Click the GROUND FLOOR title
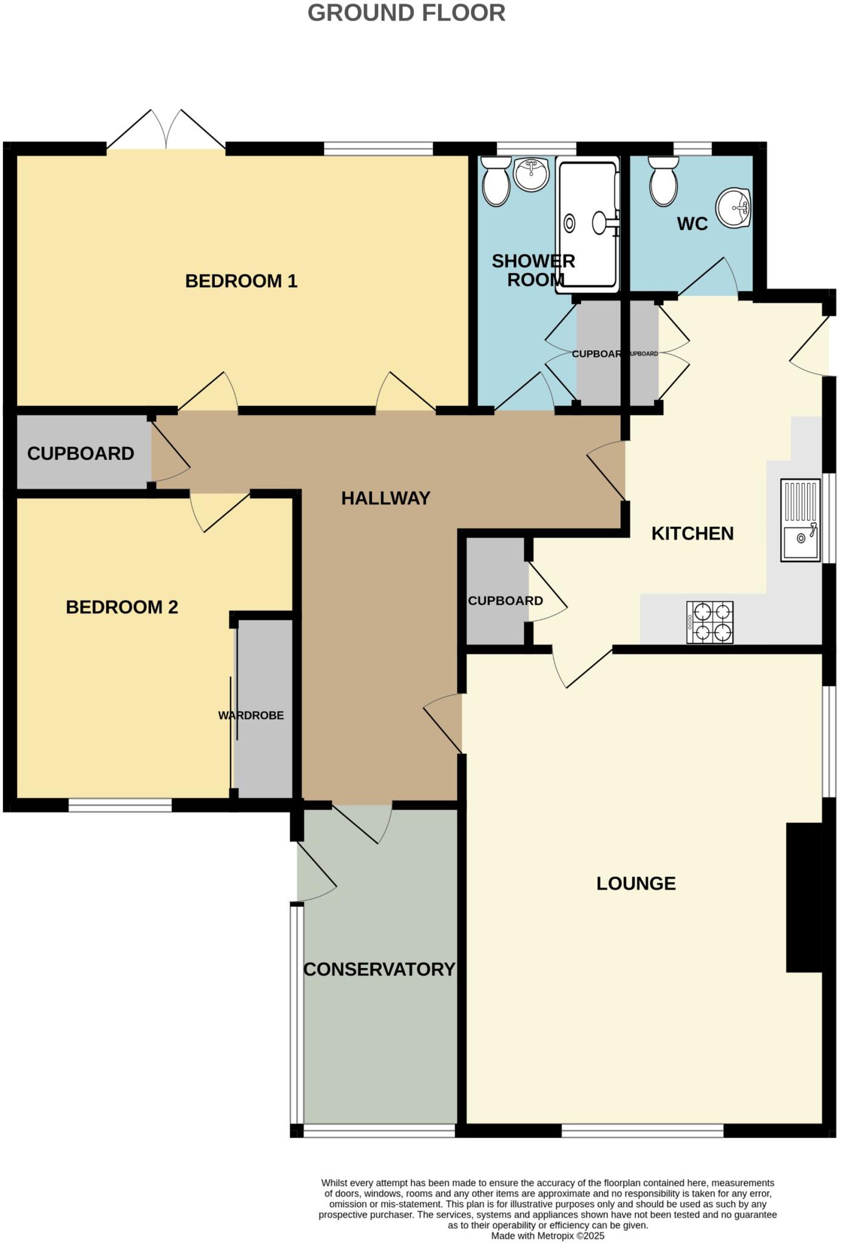(406, 13)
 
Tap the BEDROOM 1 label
(241, 281)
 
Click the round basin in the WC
(733, 207)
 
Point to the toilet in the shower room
(496, 181)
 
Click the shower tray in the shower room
(587, 225)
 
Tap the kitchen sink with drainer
(800, 520)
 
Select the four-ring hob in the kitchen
(709, 622)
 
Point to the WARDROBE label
(251, 716)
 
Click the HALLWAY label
(385, 498)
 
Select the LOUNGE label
(635, 883)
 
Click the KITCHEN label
(692, 533)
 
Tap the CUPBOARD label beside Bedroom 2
(80, 453)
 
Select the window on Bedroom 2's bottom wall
(120, 805)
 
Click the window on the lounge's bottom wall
(642, 1131)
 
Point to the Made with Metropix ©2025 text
(547, 1236)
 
